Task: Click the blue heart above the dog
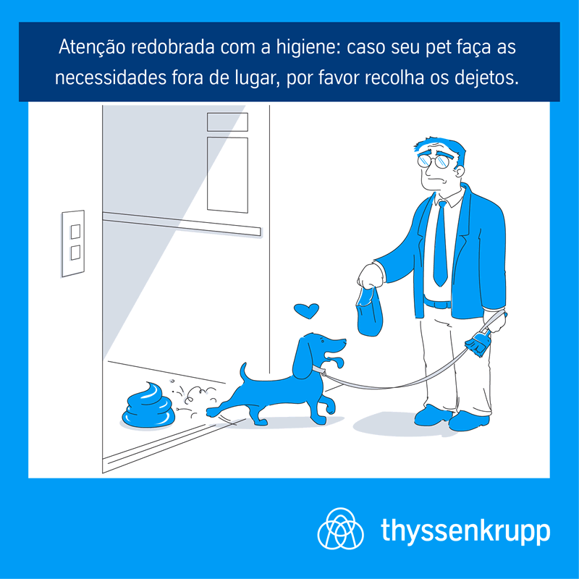coord(306,311)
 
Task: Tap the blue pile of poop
coord(148,406)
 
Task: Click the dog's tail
coord(243,373)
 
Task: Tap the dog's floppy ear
coord(303,358)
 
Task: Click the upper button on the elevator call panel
coord(75,232)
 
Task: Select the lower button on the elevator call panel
coord(75,253)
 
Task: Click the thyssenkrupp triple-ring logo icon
coord(340,528)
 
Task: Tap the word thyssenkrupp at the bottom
coord(465,531)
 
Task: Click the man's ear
coord(460,172)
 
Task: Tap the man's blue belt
coord(438,304)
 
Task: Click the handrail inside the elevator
coord(182,224)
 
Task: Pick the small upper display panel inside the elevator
coord(227,122)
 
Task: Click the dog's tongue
coord(337,361)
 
